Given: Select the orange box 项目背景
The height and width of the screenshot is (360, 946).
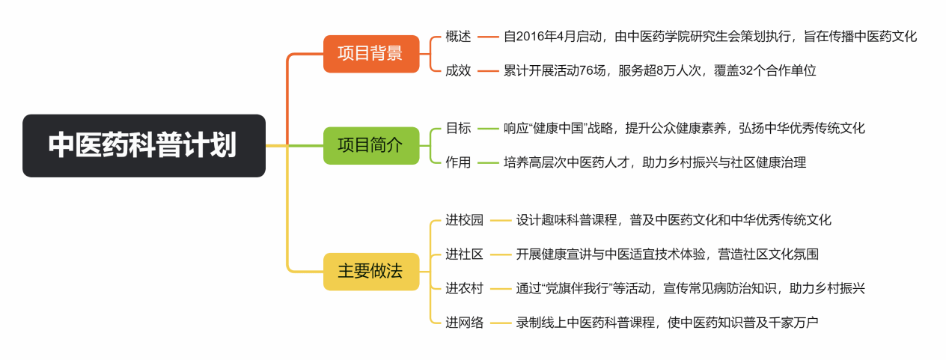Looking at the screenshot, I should (x=371, y=54).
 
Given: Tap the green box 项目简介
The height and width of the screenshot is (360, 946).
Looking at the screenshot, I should (x=371, y=145).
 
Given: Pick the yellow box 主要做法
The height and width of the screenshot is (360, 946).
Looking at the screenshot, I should (x=371, y=271).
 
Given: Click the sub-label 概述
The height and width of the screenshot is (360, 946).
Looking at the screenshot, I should (x=458, y=37).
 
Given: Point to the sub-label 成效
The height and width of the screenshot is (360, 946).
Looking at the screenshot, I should (x=458, y=71).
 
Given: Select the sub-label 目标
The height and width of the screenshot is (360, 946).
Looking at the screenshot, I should (x=458, y=128).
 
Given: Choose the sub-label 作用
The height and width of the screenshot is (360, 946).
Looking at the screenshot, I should (x=458, y=162).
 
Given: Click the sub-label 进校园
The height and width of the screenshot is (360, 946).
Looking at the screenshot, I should (x=464, y=220).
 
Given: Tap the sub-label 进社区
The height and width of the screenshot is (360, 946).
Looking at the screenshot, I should (x=464, y=254).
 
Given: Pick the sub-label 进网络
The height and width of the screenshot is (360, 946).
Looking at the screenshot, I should (x=464, y=323).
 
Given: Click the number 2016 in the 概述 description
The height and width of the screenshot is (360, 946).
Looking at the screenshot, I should (x=533, y=37).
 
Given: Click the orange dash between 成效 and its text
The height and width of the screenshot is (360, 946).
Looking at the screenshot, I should (x=488, y=71).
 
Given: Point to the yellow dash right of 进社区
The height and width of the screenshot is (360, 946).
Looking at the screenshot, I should (x=500, y=254).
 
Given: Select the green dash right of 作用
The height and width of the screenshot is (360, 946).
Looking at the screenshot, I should (x=488, y=162).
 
